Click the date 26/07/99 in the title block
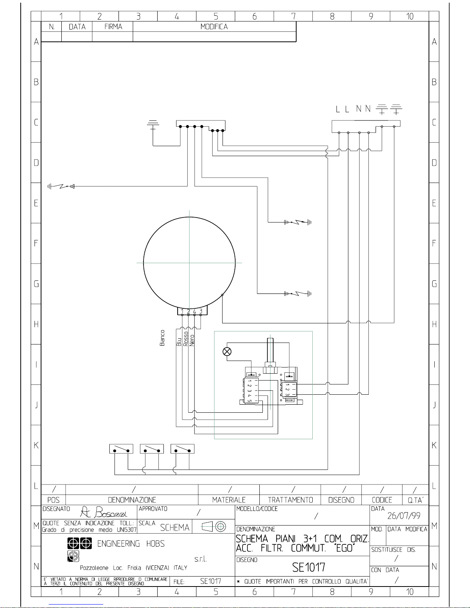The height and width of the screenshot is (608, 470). pos(404,516)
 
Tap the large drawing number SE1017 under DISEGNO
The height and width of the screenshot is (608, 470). pos(308,567)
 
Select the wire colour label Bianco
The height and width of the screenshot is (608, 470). pos(162,338)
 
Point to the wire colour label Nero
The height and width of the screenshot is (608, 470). pos(192,341)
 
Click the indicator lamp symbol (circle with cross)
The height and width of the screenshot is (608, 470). pos(227,352)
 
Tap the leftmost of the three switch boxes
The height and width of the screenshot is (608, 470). pos(121,449)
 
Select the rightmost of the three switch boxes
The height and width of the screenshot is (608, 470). pos(182,449)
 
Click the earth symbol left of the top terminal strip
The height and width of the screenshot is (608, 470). pos(153,125)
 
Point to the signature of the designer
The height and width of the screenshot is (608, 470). pos(104,512)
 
